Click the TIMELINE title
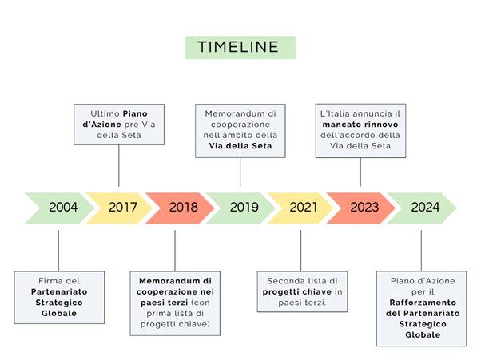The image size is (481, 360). coord(240,47)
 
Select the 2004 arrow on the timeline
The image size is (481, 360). coord(59,208)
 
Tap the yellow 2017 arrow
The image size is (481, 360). coord(119,208)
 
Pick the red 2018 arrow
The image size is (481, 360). coord(180,208)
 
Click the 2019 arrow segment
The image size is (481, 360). coord(240,208)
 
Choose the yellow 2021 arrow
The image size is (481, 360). coord(300,208)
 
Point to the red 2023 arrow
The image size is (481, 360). coord(361,208)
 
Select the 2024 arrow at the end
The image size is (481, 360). coord(422,208)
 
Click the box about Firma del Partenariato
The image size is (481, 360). coord(59,297)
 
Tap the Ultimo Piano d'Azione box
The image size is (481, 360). coord(119,125)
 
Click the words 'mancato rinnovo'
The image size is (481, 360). coord(360,125)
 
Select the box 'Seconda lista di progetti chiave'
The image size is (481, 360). coord(302,291)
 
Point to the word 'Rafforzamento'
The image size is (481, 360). coord(423,303)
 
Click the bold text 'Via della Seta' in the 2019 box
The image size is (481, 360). coord(240,146)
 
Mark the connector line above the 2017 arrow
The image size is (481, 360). coord(119,165)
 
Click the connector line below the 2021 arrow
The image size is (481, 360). coord(300,251)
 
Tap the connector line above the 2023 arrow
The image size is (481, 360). coord(360,172)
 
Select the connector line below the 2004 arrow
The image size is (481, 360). coord(58,251)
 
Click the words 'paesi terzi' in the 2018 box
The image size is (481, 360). coord(164,303)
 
